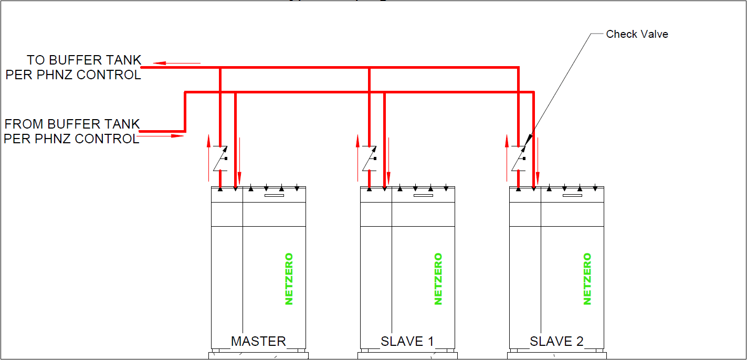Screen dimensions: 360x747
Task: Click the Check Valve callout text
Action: tap(637, 34)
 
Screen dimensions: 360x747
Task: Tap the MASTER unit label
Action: tap(258, 341)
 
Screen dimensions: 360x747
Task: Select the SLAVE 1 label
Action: tap(407, 341)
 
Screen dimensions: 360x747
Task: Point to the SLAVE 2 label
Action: tap(556, 341)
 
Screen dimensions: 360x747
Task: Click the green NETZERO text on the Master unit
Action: tap(289, 279)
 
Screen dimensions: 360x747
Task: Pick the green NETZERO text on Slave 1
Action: tap(438, 279)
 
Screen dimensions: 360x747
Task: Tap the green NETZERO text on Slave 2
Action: tap(587, 279)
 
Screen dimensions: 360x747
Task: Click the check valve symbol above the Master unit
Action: tap(220, 158)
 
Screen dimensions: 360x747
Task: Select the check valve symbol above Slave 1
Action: tap(370, 158)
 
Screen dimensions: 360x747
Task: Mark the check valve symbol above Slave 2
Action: tap(519, 158)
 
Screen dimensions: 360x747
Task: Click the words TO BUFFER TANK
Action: tap(84, 60)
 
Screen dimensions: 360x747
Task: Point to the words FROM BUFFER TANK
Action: tap(72, 124)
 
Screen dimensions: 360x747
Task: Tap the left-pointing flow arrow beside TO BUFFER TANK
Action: tap(176, 63)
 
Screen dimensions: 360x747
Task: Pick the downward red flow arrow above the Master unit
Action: tap(240, 157)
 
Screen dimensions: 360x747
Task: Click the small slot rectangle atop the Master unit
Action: tap(274, 196)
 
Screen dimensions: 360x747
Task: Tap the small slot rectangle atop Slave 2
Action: tap(572, 196)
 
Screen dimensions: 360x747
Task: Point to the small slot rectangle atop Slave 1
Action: tap(423, 196)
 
